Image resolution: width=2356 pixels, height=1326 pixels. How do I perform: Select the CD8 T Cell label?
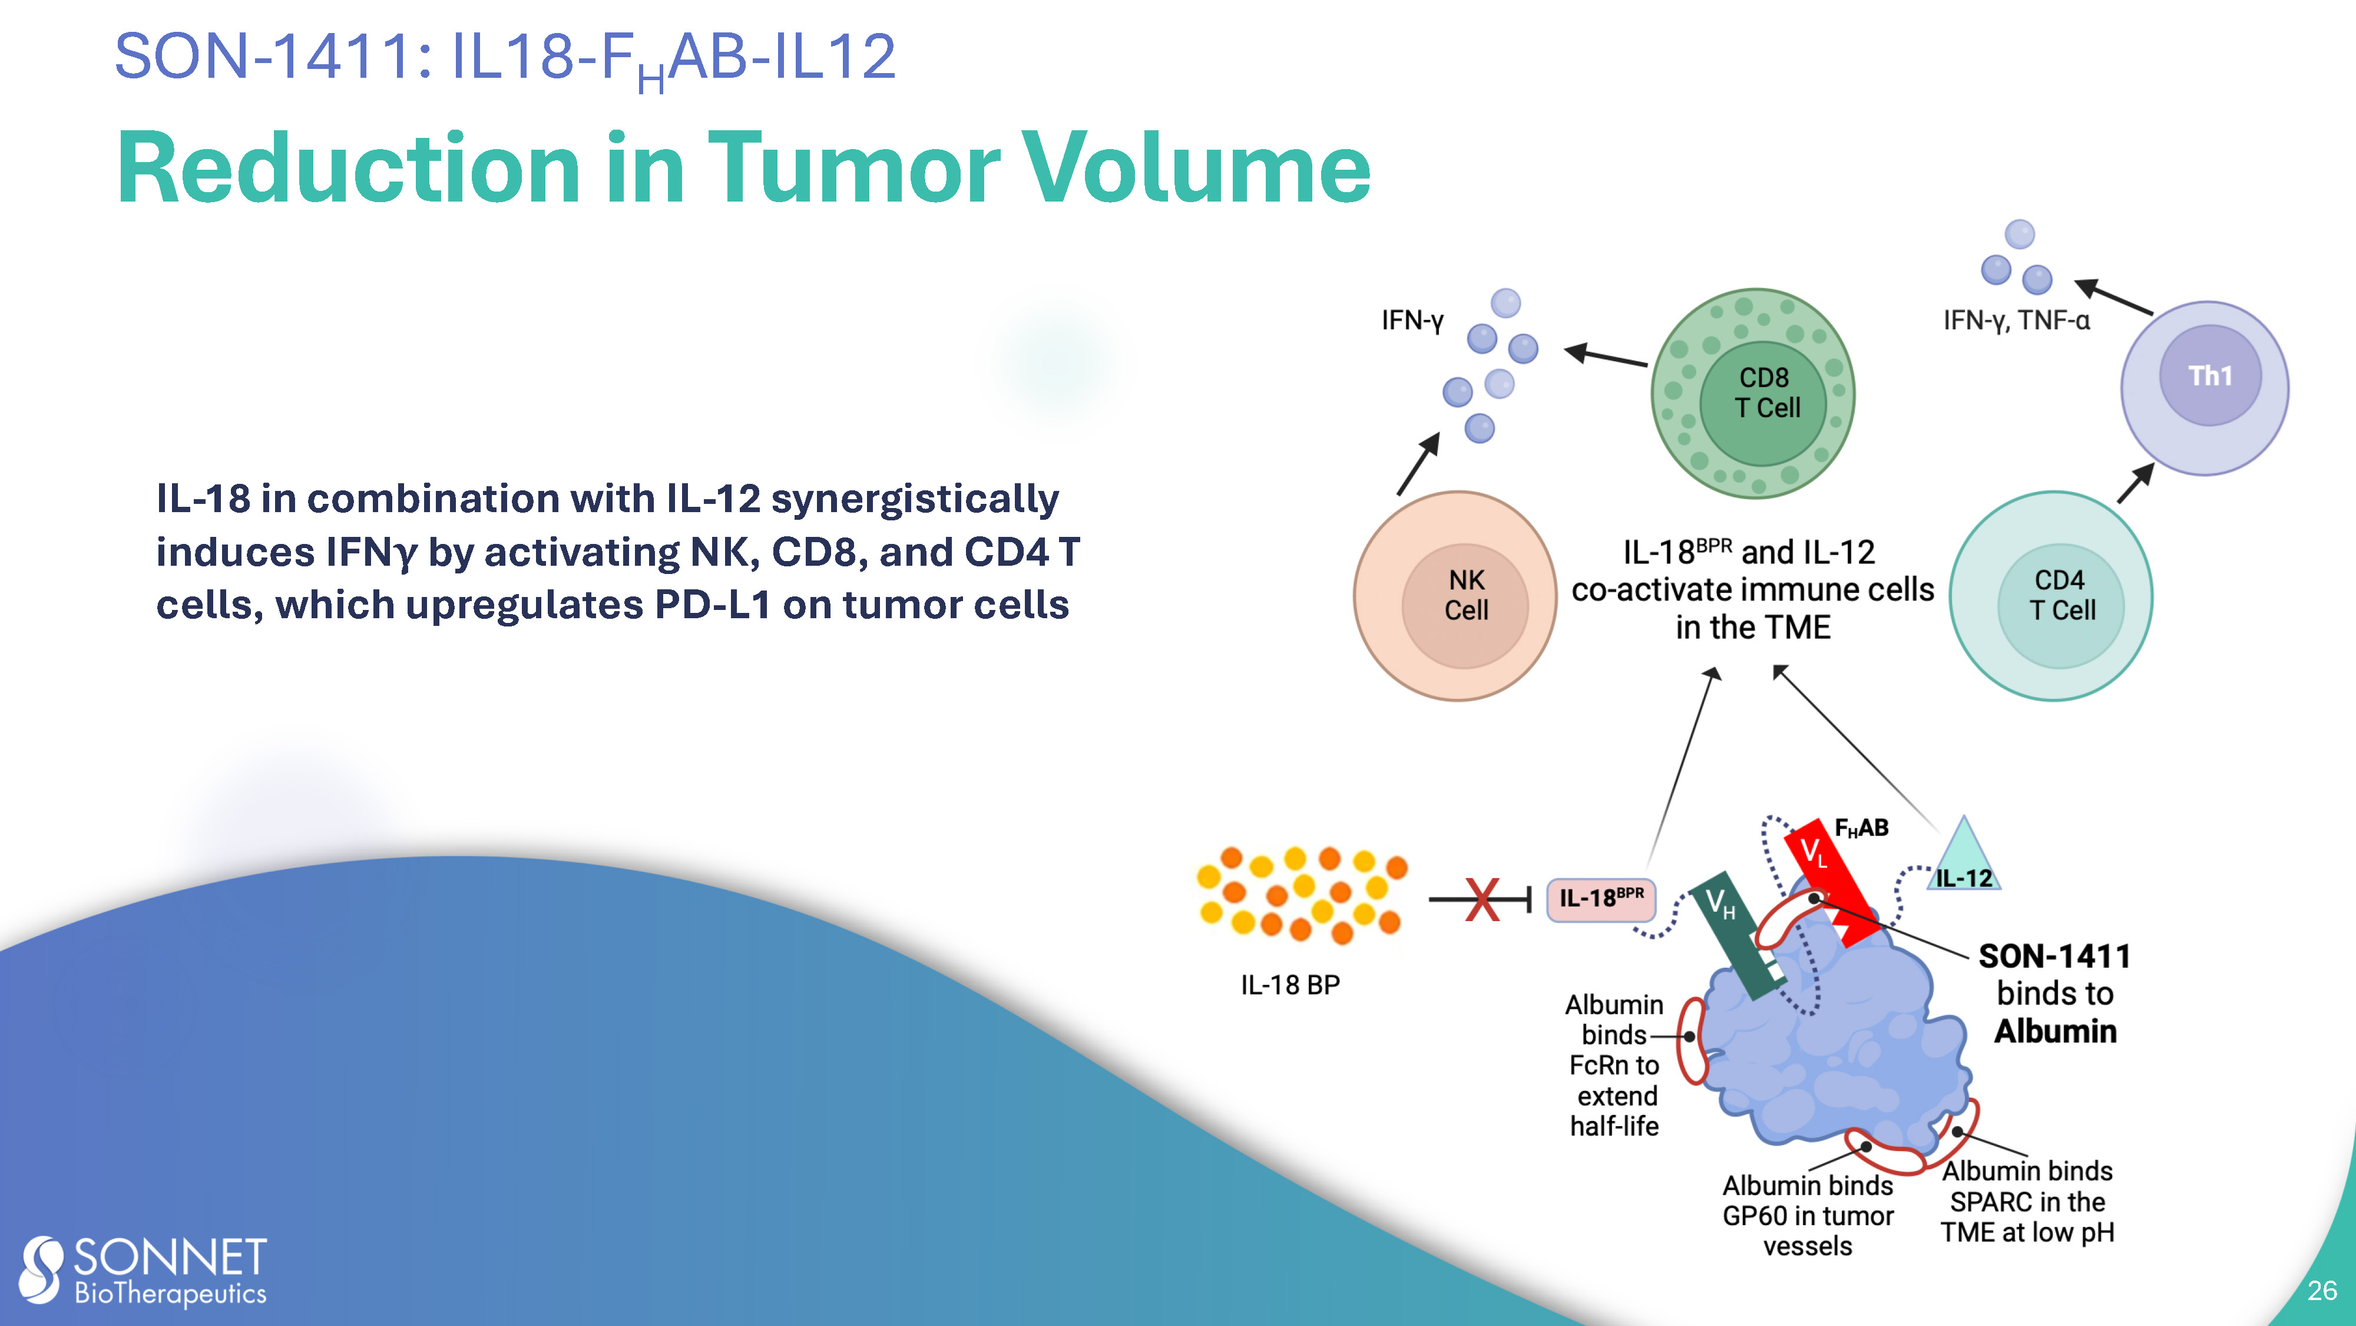[1767, 392]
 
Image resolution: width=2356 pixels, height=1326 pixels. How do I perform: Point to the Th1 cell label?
[2210, 375]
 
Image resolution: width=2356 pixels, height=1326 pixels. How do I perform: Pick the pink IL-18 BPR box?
[1600, 899]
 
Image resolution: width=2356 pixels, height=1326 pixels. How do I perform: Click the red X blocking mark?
[1483, 899]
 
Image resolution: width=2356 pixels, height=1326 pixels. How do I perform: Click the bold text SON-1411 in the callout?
[2054, 956]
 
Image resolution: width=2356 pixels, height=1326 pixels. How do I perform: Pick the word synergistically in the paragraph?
[915, 500]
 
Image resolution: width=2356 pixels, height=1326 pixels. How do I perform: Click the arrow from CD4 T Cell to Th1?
[2136, 483]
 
